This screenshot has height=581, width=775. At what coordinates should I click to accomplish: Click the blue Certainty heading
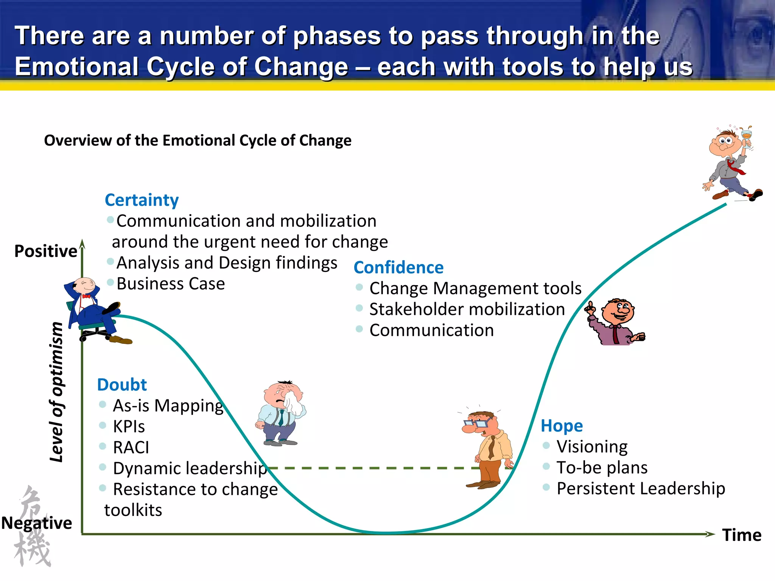click(142, 200)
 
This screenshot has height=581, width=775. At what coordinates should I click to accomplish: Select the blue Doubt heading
click(121, 385)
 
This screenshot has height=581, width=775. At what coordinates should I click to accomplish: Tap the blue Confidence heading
click(398, 268)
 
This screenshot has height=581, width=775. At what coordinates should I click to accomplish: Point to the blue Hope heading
click(562, 426)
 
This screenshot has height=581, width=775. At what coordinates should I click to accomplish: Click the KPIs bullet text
click(129, 427)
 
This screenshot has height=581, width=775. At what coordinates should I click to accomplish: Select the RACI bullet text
click(131, 447)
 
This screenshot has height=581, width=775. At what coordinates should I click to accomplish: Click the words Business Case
click(171, 284)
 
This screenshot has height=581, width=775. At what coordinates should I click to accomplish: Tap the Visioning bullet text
click(592, 447)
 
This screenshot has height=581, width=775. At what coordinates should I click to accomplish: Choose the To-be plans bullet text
click(602, 468)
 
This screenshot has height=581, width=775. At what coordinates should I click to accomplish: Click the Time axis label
click(741, 535)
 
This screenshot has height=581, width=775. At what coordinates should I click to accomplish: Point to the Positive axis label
click(46, 251)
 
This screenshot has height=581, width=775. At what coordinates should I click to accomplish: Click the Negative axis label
click(37, 523)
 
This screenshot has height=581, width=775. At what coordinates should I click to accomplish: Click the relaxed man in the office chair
click(95, 310)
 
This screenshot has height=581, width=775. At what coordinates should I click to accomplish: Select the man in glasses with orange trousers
click(488, 450)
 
